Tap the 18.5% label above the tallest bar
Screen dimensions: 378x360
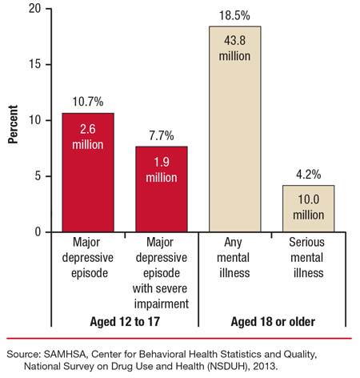point(234,16)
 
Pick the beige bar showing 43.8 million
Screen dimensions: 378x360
point(234,128)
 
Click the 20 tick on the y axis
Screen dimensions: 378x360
point(34,9)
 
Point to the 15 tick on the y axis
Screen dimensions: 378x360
point(34,64)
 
